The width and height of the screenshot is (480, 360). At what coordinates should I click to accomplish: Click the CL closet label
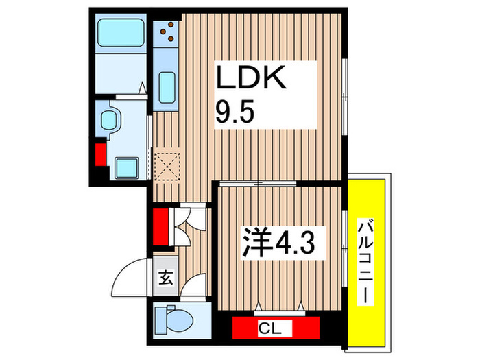[276, 328]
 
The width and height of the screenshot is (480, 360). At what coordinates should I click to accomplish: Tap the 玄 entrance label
[166, 278]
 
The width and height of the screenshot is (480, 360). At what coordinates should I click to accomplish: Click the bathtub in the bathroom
[119, 34]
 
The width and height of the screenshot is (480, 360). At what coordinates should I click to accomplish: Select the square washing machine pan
[125, 167]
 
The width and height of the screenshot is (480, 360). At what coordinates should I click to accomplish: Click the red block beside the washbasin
[101, 155]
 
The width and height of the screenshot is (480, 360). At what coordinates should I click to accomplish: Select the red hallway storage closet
[161, 226]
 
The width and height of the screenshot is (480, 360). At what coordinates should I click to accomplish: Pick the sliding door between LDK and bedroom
[258, 183]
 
